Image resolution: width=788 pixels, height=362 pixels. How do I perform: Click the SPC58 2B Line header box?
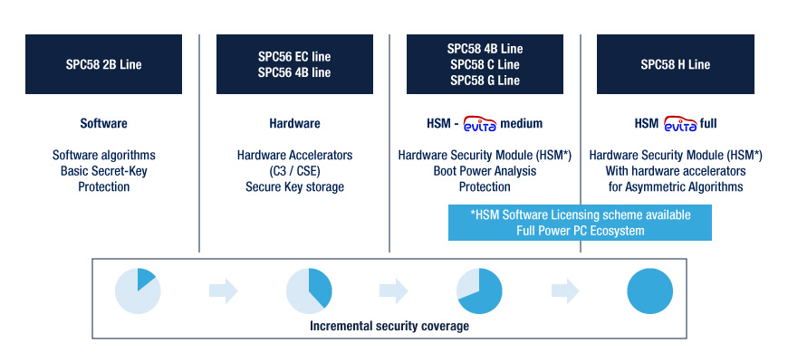click(103, 64)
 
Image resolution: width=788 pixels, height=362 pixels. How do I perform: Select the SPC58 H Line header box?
click(676, 64)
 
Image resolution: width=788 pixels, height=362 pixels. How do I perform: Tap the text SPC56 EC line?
click(294, 56)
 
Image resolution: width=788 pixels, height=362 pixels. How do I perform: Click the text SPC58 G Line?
click(485, 81)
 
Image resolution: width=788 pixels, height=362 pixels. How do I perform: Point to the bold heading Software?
click(103, 123)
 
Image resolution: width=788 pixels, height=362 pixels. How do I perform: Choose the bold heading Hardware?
click(294, 123)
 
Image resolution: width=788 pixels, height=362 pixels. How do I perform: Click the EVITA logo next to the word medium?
click(480, 123)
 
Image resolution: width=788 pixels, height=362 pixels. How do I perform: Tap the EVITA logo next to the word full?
click(680, 123)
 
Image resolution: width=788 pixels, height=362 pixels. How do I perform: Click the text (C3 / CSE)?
click(294, 171)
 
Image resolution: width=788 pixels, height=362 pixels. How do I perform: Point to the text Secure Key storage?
click(294, 186)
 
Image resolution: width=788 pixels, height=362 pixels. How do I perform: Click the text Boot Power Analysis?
click(485, 171)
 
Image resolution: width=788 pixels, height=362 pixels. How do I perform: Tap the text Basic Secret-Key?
click(103, 171)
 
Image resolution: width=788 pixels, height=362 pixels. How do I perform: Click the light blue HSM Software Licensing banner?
click(580, 223)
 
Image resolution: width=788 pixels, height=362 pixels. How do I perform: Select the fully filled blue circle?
click(649, 291)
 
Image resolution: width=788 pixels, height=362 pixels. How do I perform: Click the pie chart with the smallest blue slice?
click(138, 291)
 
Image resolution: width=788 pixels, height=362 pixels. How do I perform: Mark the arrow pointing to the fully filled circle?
click(565, 291)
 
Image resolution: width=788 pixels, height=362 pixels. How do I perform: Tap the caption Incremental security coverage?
click(389, 326)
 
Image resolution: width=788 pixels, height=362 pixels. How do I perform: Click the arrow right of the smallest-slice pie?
click(224, 291)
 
